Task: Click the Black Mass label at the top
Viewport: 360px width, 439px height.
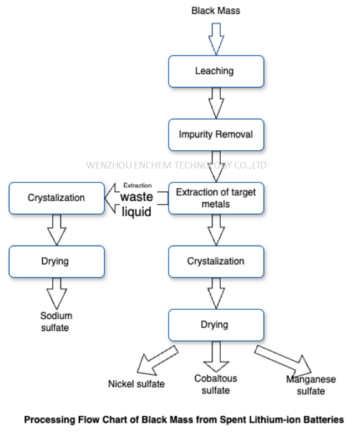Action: pos(216,11)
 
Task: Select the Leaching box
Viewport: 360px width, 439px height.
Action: pos(216,71)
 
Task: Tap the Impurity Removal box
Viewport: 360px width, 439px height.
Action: pos(216,134)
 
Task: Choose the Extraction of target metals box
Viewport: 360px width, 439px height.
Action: pos(216,198)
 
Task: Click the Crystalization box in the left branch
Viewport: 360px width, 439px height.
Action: pos(57,198)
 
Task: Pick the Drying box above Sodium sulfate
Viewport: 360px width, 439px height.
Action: pos(57,261)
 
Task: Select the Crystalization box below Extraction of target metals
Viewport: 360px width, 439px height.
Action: pos(216,261)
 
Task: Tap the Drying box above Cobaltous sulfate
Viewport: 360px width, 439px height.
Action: pos(216,324)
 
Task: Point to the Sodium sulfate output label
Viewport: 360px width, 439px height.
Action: pos(56,321)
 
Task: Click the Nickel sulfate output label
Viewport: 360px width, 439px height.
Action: pos(136,384)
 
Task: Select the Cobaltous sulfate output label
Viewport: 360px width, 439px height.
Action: pos(216,384)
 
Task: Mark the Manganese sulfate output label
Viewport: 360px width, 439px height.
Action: pos(311,385)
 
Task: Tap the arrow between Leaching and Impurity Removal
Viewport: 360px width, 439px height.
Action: pos(216,103)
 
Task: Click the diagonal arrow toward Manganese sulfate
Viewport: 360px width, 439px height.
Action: pos(283,361)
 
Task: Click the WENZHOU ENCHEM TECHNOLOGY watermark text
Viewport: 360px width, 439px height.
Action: pos(176,165)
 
